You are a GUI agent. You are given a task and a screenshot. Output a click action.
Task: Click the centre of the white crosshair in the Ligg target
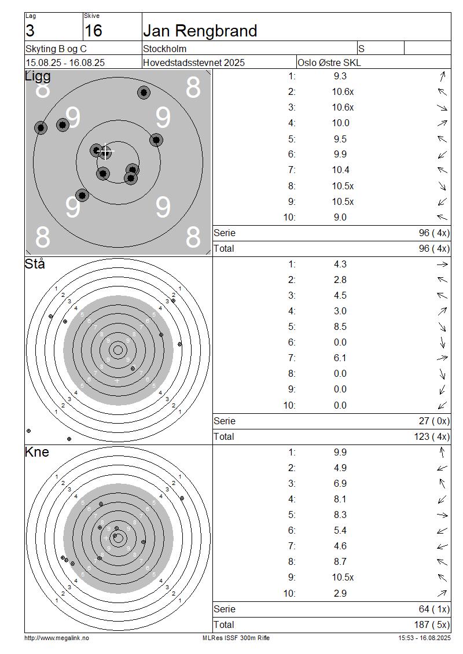(x=106, y=152)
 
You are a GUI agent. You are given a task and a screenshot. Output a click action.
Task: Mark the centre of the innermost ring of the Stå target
(x=118, y=350)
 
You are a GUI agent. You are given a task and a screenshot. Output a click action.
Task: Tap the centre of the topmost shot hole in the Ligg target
(x=144, y=92)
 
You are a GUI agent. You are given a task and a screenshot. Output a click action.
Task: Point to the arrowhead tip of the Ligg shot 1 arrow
(x=444, y=72)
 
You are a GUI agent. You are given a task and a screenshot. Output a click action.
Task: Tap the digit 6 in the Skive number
(x=98, y=31)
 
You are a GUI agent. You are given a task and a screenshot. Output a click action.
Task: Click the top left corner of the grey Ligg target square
(x=26, y=70)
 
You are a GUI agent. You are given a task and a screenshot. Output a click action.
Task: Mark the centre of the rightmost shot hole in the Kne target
(x=182, y=498)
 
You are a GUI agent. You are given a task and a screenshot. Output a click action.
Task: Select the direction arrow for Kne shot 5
(x=442, y=515)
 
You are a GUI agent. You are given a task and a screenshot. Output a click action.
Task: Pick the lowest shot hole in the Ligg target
(x=82, y=195)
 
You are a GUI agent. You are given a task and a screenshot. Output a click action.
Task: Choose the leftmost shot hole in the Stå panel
(x=29, y=431)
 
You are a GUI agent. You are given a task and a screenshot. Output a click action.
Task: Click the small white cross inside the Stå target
(x=117, y=381)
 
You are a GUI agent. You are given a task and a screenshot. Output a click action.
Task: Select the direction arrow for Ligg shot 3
(x=442, y=108)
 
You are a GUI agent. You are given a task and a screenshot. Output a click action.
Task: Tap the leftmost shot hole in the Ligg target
(x=41, y=128)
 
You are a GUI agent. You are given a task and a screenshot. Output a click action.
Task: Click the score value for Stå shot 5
(x=340, y=326)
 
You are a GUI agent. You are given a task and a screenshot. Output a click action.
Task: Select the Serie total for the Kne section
(x=434, y=609)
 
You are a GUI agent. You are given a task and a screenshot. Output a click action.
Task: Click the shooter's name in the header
(x=200, y=31)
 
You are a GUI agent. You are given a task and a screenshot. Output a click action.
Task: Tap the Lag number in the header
(x=30, y=31)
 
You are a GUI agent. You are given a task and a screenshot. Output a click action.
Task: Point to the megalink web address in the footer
(x=57, y=638)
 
